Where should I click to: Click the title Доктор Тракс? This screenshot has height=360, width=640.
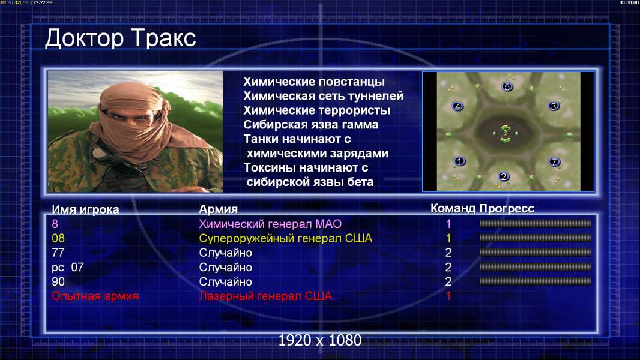(121, 38)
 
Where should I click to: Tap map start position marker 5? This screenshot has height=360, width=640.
(507, 86)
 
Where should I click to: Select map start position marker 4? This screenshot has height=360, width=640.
(457, 106)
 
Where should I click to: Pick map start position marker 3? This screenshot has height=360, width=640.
(554, 106)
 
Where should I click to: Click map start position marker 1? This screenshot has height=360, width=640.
(460, 161)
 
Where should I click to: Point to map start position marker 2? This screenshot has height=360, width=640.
(504, 176)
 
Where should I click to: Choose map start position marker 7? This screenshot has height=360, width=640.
(554, 162)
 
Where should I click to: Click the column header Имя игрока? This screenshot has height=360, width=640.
(85, 209)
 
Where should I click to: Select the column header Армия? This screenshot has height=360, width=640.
(219, 209)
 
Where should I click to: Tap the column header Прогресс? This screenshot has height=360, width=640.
(507, 208)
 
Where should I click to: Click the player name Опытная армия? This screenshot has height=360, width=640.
(95, 296)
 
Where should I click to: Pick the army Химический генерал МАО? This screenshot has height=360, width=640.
(270, 224)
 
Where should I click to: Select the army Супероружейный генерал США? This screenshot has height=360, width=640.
(286, 239)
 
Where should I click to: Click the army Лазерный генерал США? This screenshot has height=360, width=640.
(265, 296)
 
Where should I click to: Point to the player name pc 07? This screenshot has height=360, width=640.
(68, 268)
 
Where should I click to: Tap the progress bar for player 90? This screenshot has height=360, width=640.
(536, 281)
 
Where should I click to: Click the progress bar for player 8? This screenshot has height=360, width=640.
(536, 223)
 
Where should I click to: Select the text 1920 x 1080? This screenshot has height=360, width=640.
(320, 340)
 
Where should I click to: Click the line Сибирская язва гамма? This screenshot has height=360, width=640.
(311, 125)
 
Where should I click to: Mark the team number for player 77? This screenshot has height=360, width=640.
(448, 253)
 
